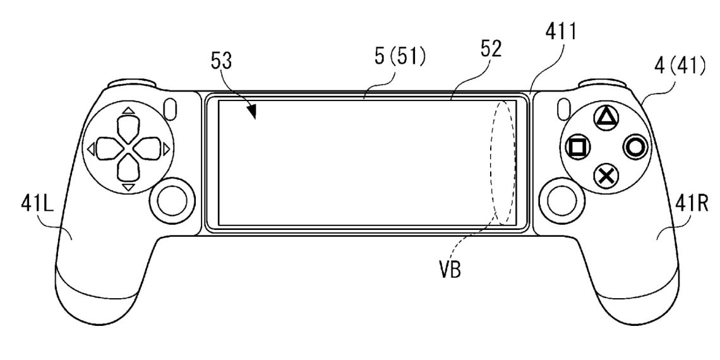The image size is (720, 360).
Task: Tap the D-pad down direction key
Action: point(128,169)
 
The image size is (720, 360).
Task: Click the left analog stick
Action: point(169,200)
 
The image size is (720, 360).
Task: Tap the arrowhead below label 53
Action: point(253,112)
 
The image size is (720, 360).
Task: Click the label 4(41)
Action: point(676,64)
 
